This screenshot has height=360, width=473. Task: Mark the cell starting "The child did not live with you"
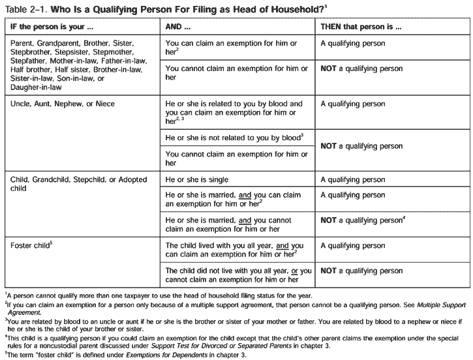237,275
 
